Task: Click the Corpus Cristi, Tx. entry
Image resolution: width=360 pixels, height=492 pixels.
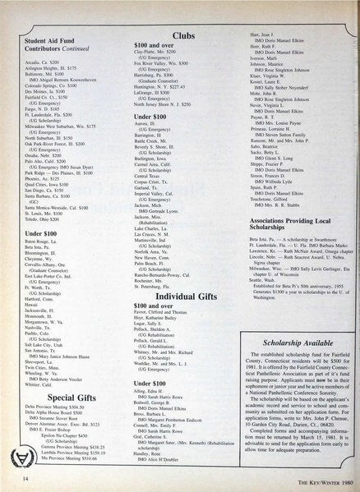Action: click(x=154, y=181)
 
